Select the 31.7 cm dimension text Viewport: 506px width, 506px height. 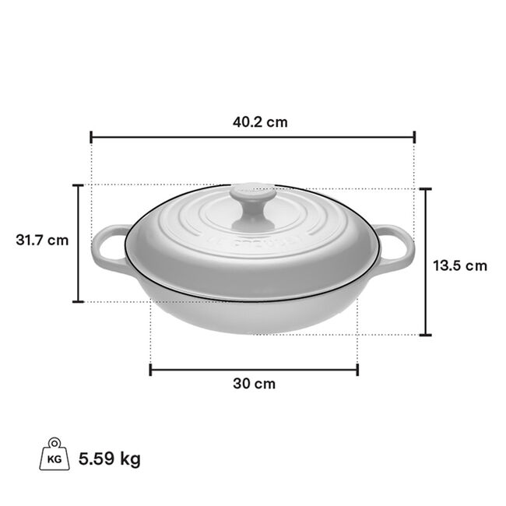(42, 240)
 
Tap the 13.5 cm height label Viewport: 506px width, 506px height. (460, 265)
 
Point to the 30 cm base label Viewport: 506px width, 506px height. (254, 384)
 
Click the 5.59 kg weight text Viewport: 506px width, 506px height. (110, 459)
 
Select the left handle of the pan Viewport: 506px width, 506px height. (108, 249)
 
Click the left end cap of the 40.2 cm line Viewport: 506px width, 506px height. (92, 137)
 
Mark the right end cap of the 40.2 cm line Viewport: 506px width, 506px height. (415, 137)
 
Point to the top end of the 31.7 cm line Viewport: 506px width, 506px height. (78, 185)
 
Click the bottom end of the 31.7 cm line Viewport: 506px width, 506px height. (78, 301)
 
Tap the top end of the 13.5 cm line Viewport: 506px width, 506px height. (425, 189)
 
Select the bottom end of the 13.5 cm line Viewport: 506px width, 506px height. (425, 335)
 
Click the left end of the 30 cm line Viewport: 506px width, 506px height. (150, 369)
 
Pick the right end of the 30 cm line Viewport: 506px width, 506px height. (357, 369)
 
